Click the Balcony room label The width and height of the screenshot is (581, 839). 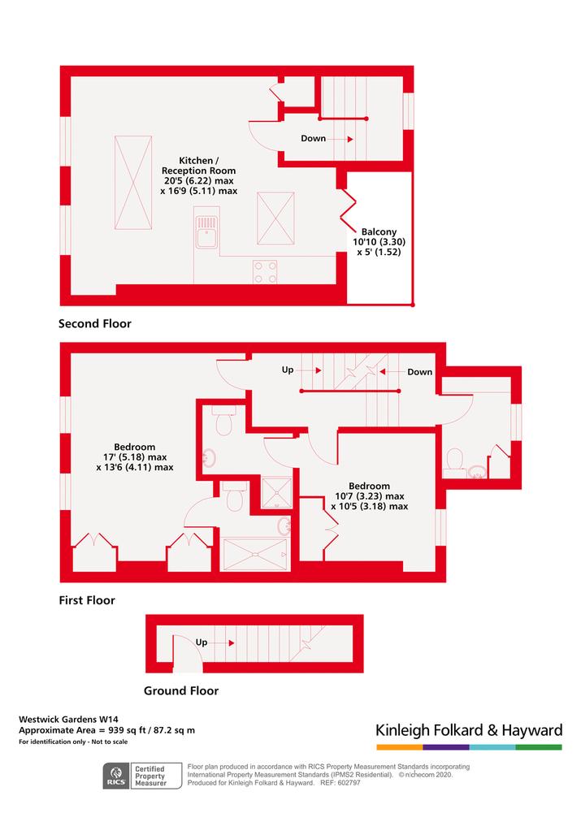click(379, 231)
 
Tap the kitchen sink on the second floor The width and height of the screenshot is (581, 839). click(206, 232)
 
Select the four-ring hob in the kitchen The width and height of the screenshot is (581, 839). click(265, 272)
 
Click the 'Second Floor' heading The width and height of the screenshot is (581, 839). click(95, 324)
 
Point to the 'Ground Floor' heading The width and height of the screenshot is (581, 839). click(181, 691)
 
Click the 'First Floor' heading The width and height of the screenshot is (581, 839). click(87, 600)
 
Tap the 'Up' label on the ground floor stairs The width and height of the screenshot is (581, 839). click(202, 642)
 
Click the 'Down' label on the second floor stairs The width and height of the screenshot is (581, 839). click(314, 139)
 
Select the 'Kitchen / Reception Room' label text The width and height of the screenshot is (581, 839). click(198, 166)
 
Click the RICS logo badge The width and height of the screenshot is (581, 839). click(116, 776)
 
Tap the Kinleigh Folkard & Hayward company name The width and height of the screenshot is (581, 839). click(469, 730)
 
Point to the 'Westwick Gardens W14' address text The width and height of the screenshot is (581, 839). click(68, 720)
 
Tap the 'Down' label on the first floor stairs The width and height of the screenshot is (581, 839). click(420, 372)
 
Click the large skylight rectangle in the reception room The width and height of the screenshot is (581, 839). click(132, 183)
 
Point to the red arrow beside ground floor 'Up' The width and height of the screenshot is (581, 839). click(232, 642)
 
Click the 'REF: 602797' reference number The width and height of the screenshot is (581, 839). click(340, 783)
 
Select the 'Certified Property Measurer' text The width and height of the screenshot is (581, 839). click(150, 776)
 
